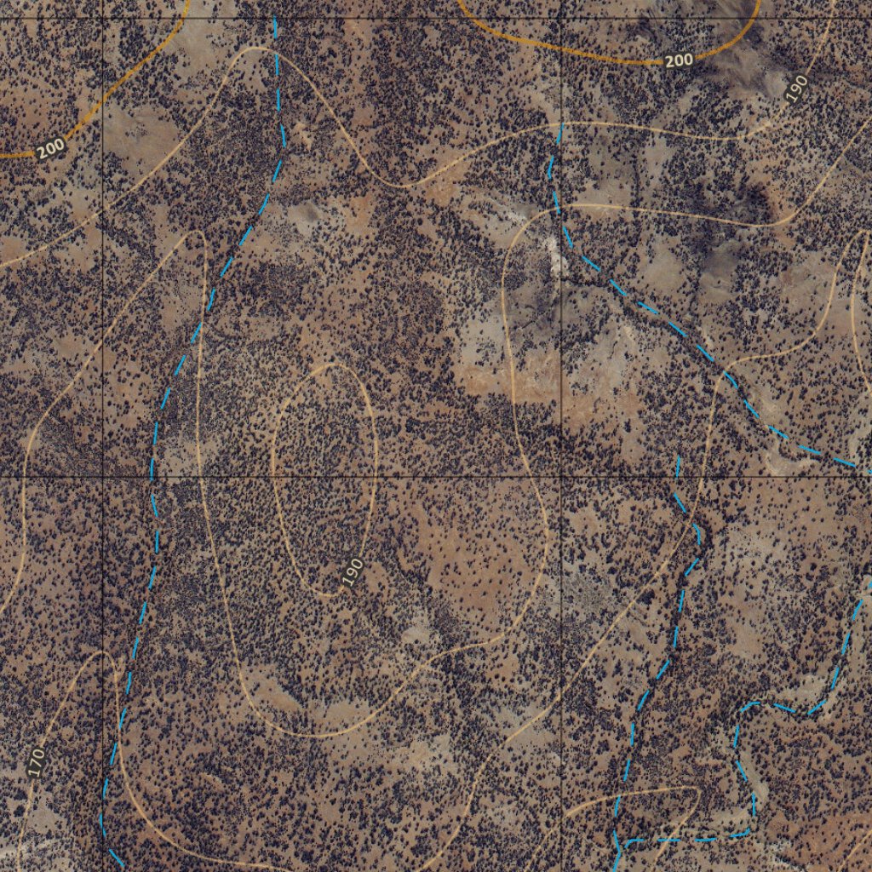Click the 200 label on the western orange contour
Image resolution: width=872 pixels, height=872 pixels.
(x=51, y=148)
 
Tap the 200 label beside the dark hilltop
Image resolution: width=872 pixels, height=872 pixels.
(x=678, y=60)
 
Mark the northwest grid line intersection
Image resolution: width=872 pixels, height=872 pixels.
(x=103, y=18)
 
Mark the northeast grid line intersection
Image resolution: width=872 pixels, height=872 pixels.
(x=561, y=18)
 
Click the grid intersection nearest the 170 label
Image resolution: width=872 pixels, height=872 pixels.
(x=103, y=476)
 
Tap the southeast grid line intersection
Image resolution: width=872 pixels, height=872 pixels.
(x=561, y=476)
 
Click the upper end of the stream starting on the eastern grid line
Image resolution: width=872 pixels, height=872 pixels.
(x=561, y=124)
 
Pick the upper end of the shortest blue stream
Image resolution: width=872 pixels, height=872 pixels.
(x=678, y=458)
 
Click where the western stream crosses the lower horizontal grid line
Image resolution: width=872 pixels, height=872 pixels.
(x=153, y=476)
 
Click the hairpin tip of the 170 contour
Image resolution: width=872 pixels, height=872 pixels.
(x=102, y=654)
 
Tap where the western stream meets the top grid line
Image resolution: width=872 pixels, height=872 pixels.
(x=274, y=18)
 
